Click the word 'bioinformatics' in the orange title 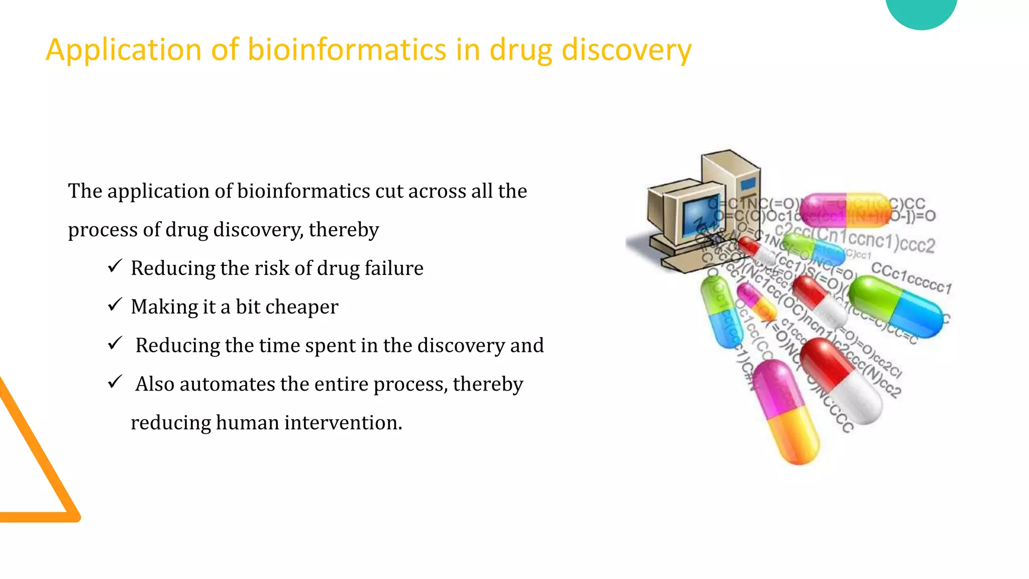(347, 50)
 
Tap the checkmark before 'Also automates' (115, 382)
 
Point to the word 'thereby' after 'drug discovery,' (344, 230)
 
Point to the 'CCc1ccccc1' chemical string (911, 277)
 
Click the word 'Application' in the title (124, 50)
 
